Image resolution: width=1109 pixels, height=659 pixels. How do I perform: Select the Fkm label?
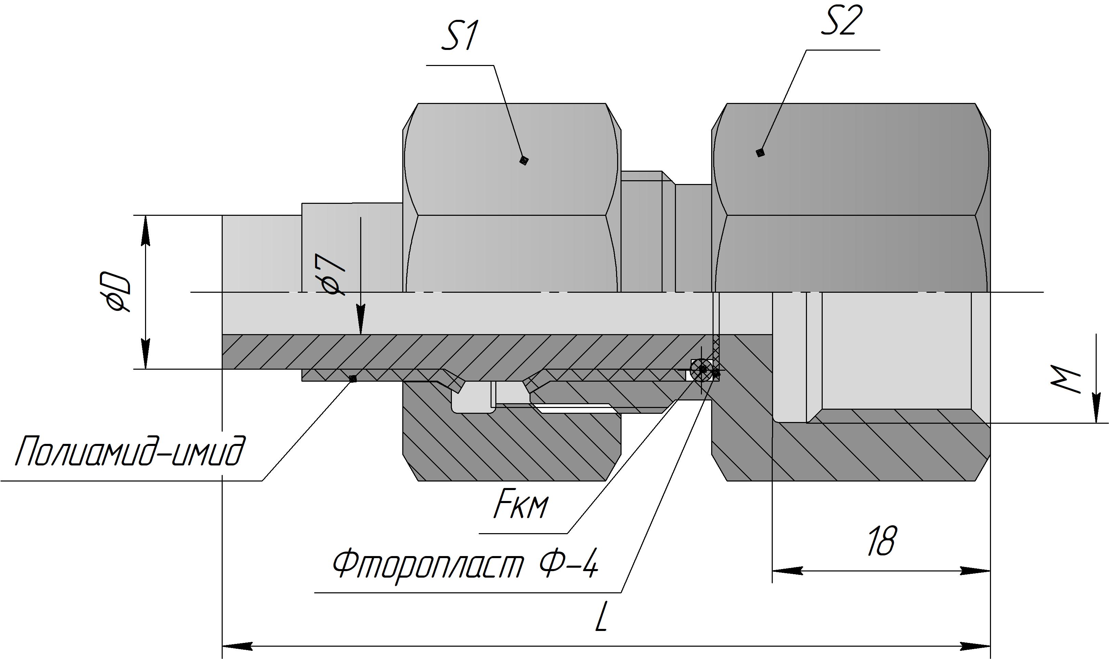point(520,507)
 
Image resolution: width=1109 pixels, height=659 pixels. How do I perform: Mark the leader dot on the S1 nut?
point(524,160)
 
